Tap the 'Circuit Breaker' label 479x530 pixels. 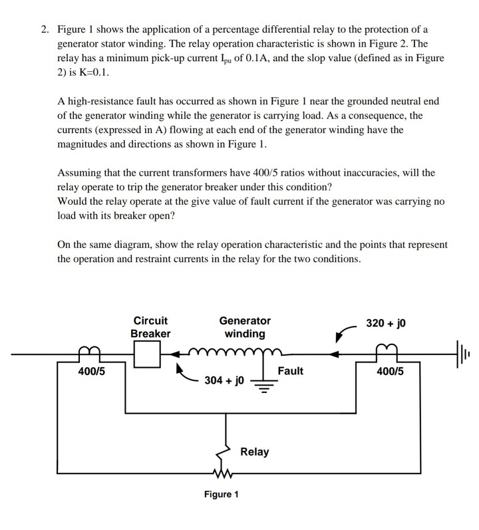pyautogui.click(x=150, y=327)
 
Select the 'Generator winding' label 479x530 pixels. pyautogui.click(x=245, y=327)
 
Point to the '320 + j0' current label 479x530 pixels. pyautogui.click(x=386, y=324)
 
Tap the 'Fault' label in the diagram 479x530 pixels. pyautogui.click(x=290, y=370)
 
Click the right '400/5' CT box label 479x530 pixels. pyautogui.click(x=390, y=371)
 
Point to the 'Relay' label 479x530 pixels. pyautogui.click(x=254, y=452)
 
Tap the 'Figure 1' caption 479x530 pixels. pyautogui.click(x=221, y=494)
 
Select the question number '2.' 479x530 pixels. pyautogui.click(x=45, y=30)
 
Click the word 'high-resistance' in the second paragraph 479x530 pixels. pyautogui.click(x=99, y=101)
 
